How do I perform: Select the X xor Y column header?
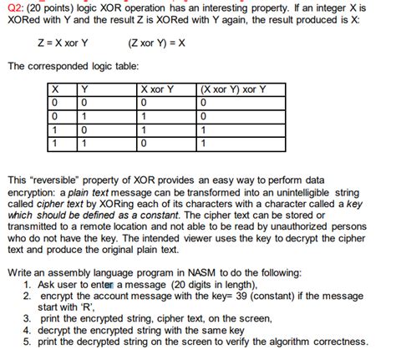(157, 89)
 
